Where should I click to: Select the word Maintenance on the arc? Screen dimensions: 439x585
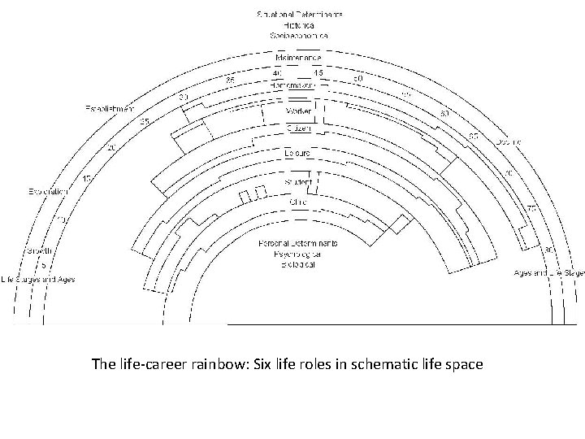(298, 58)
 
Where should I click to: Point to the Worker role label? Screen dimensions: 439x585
(298, 111)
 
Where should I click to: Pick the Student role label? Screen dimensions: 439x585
(298, 182)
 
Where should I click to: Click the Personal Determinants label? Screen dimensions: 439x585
(298, 243)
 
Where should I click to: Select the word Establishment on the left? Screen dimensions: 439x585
(110, 108)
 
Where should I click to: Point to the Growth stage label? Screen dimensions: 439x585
(37, 250)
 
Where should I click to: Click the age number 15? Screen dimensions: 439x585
(87, 179)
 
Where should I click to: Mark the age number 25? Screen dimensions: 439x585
(145, 121)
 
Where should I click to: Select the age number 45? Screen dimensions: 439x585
(318, 72)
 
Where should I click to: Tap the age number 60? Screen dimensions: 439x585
(444, 113)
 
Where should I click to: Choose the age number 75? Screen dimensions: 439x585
(531, 209)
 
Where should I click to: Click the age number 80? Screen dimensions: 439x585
(549, 250)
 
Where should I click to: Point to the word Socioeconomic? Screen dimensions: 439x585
(298, 37)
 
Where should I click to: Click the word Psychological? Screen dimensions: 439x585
(298, 254)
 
